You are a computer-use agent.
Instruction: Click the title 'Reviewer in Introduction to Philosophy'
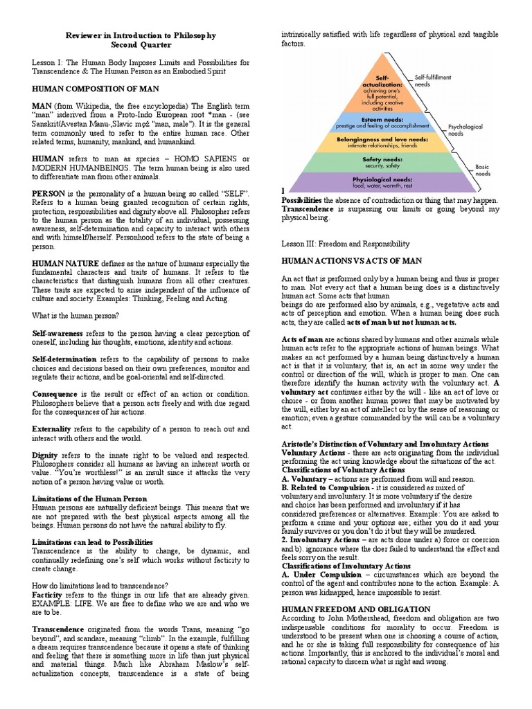point(141,35)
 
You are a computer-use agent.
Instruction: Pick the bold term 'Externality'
point(51,429)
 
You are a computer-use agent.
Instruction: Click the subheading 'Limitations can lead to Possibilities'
point(93,541)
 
